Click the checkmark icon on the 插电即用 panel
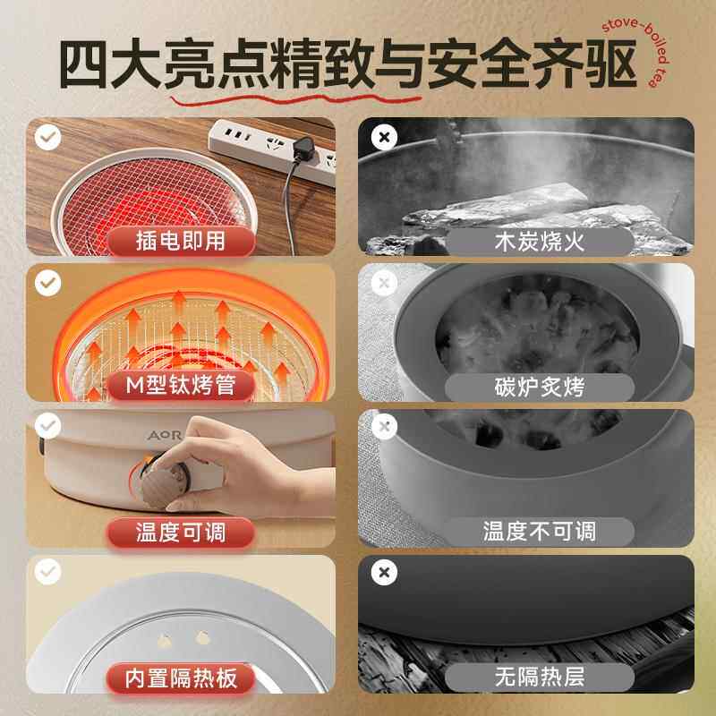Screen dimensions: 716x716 [47, 138]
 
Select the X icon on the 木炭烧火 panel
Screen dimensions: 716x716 [384, 138]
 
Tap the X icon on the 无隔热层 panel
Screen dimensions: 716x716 [384, 573]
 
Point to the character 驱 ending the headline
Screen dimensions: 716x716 [604, 64]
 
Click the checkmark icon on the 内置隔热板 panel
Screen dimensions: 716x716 [47, 573]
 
